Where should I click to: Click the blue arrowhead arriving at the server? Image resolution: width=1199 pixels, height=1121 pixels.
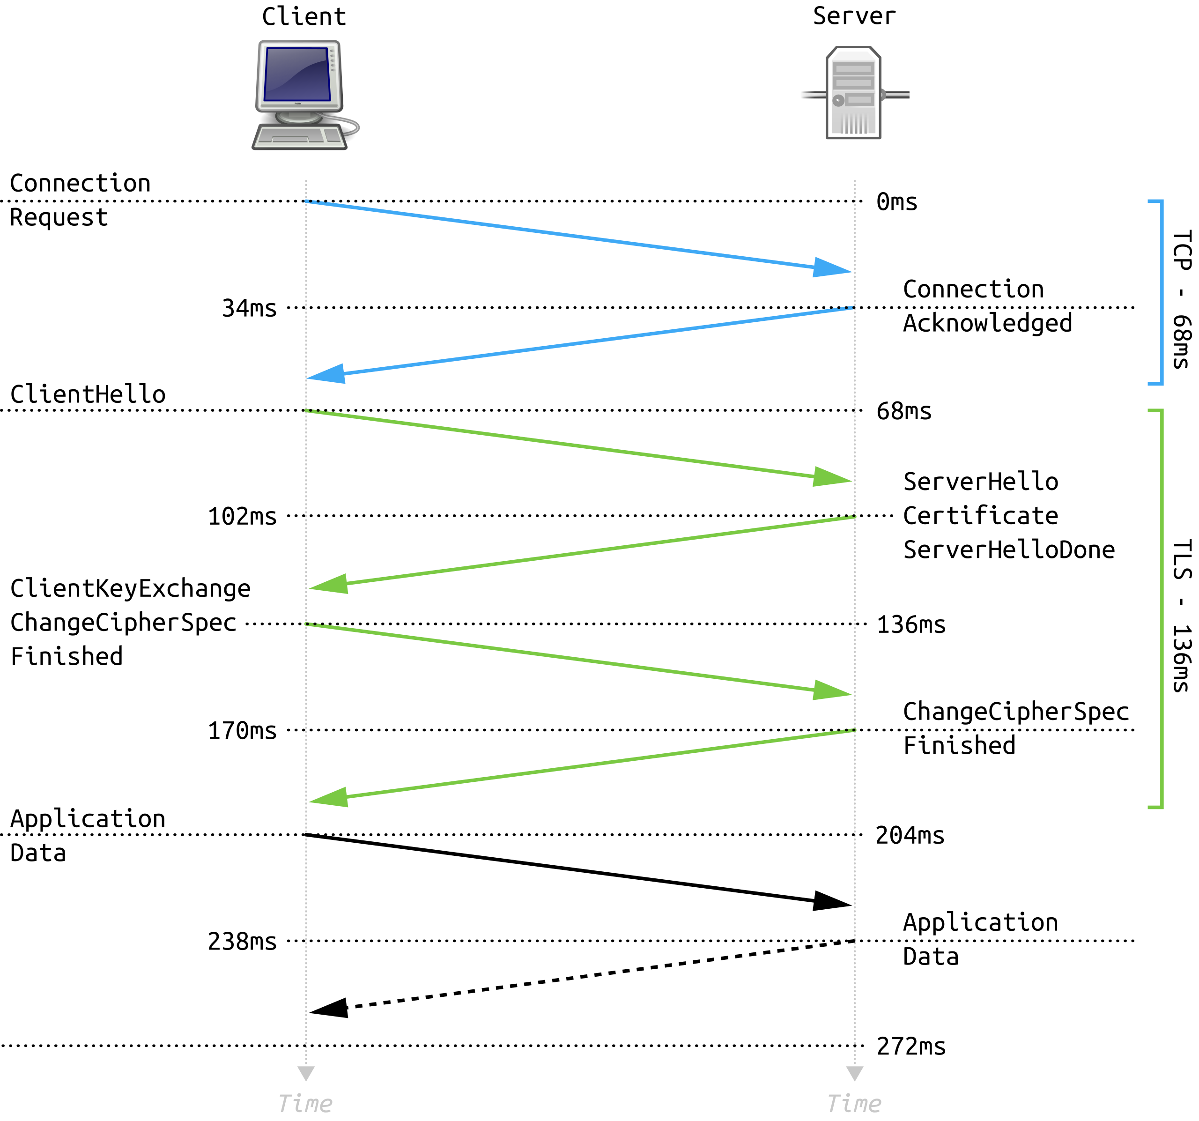click(831, 267)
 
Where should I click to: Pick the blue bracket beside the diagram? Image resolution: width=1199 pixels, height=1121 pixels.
click(1161, 292)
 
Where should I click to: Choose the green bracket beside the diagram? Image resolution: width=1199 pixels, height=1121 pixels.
click(1161, 609)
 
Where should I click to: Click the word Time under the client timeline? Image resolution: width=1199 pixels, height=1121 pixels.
click(305, 1104)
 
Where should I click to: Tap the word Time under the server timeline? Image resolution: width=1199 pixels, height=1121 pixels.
click(854, 1104)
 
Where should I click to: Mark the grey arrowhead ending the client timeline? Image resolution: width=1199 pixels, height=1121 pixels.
click(306, 1073)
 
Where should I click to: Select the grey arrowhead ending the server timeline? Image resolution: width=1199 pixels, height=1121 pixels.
click(855, 1073)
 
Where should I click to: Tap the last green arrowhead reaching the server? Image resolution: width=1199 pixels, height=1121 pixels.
click(831, 690)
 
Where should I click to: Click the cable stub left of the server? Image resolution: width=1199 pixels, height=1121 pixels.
click(813, 95)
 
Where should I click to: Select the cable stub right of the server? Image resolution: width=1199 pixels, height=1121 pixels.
click(896, 95)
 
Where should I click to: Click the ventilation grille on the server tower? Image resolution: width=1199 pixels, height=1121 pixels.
click(854, 123)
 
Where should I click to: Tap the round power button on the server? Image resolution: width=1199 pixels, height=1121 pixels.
click(838, 101)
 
